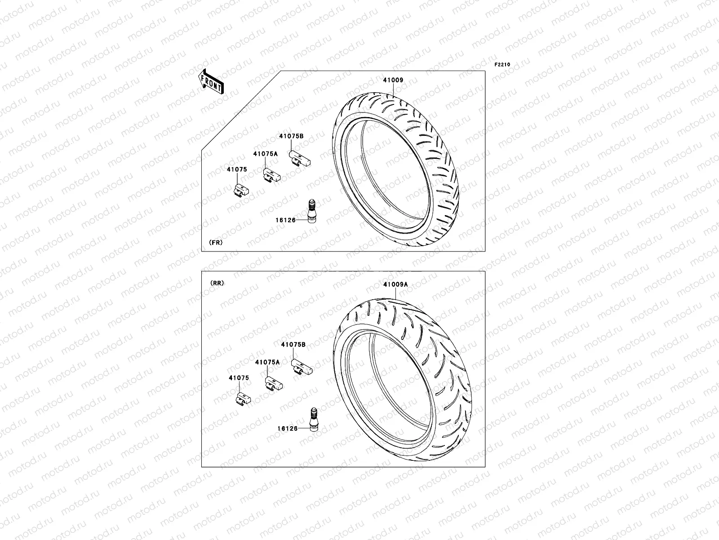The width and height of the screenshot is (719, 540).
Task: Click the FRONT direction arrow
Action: pos(211,82)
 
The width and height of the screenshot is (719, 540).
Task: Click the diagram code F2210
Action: pos(502,65)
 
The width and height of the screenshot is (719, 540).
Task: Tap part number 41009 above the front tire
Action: pos(393,80)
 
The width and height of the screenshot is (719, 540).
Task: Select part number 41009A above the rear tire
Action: pos(395,284)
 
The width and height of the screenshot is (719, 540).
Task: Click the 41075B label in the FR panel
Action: pos(291,136)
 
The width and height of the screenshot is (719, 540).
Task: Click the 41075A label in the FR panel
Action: pos(265,153)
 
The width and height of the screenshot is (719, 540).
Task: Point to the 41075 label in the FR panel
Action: pos(236,170)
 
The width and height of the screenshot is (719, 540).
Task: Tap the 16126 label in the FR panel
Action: pos(285,220)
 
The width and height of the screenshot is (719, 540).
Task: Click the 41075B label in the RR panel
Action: pos(293,344)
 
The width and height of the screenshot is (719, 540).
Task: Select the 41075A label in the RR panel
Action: pos(267,362)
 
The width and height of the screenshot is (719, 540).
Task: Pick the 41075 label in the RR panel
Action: pos(238,378)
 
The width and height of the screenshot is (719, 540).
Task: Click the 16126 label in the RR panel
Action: pos(287,428)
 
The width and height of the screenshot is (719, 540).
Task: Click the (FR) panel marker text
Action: pos(216,243)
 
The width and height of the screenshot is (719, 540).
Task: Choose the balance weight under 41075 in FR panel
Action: pos(241,191)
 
